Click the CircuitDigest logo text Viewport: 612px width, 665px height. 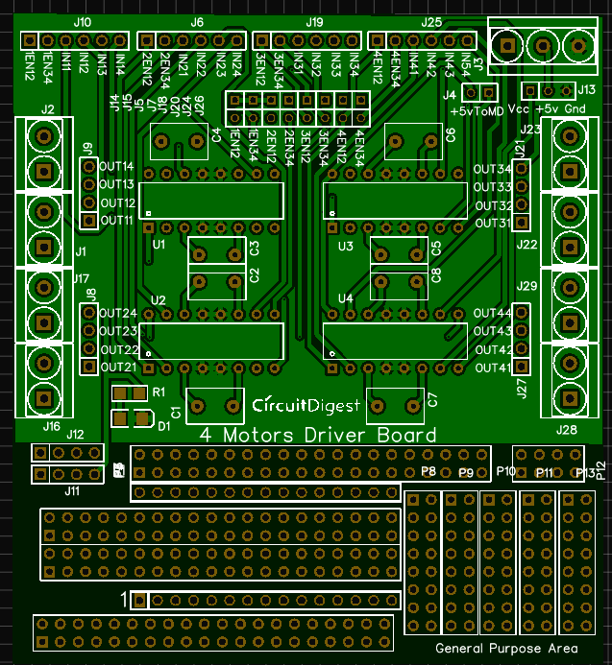(306, 406)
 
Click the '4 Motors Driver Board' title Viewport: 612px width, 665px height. (317, 435)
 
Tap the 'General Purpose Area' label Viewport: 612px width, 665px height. (506, 648)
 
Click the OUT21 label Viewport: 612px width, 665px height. (116, 368)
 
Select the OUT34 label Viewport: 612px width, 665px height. (492, 169)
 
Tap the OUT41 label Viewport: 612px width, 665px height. (492, 368)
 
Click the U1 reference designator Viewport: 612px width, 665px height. (159, 246)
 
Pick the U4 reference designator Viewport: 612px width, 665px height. (346, 300)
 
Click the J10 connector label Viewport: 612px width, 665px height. (83, 21)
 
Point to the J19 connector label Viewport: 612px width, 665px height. (314, 21)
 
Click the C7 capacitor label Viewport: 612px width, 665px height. (432, 399)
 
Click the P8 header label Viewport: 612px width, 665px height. (428, 471)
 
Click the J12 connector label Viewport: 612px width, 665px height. (75, 435)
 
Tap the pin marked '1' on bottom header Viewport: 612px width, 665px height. (138, 601)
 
